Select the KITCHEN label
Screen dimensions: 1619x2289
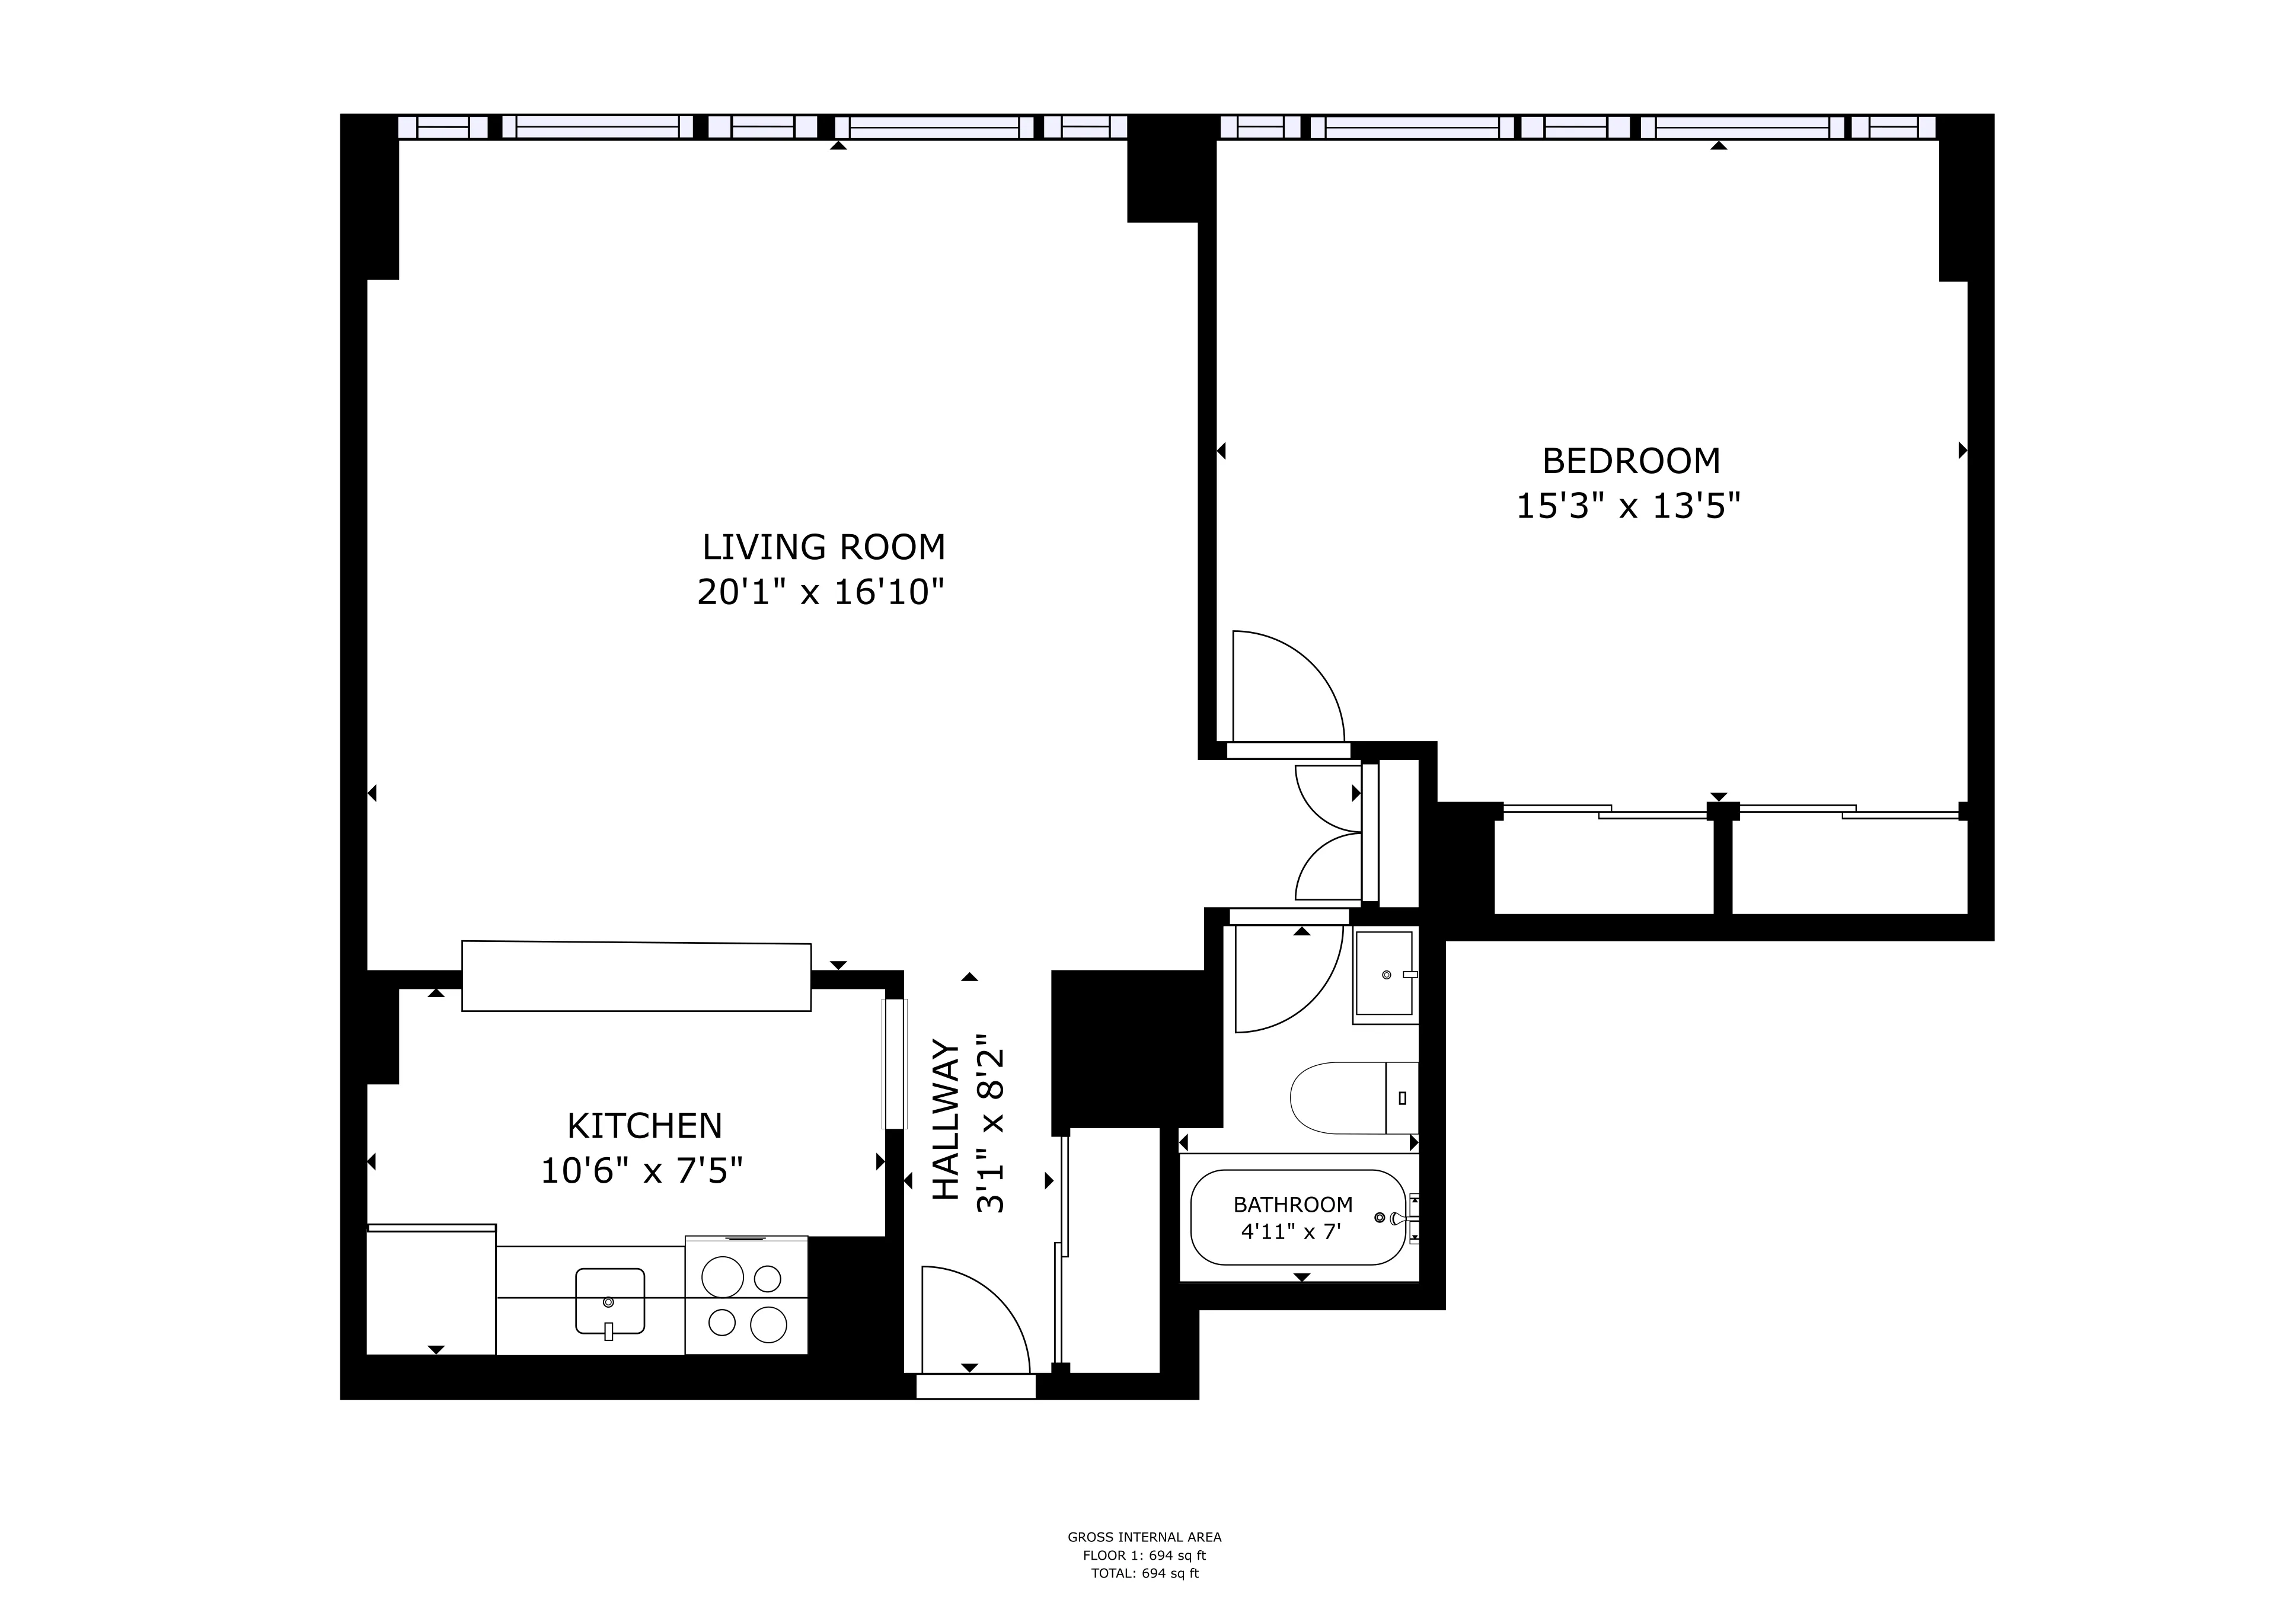click(x=644, y=1126)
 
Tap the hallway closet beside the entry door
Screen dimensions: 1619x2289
click(x=1113, y=1251)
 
